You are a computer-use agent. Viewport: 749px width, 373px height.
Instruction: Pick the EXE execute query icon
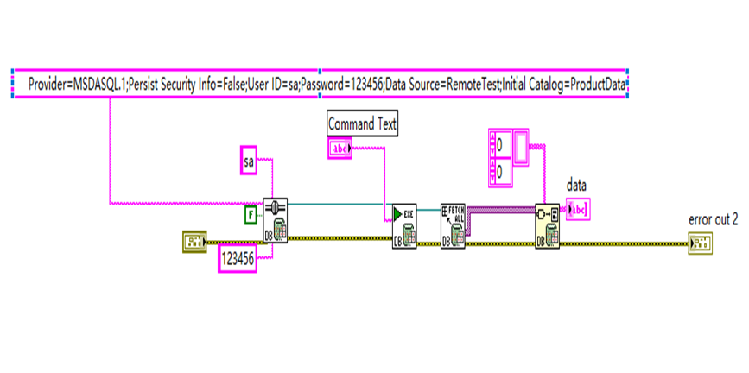tap(403, 225)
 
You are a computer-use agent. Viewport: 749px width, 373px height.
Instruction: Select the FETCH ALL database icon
tap(453, 225)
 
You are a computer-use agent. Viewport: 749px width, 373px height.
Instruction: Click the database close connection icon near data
tap(547, 225)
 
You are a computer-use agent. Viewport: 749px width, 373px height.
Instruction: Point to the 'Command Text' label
tap(363, 124)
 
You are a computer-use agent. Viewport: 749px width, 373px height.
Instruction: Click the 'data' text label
tap(576, 185)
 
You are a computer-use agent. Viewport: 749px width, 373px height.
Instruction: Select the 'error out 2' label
tap(714, 218)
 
